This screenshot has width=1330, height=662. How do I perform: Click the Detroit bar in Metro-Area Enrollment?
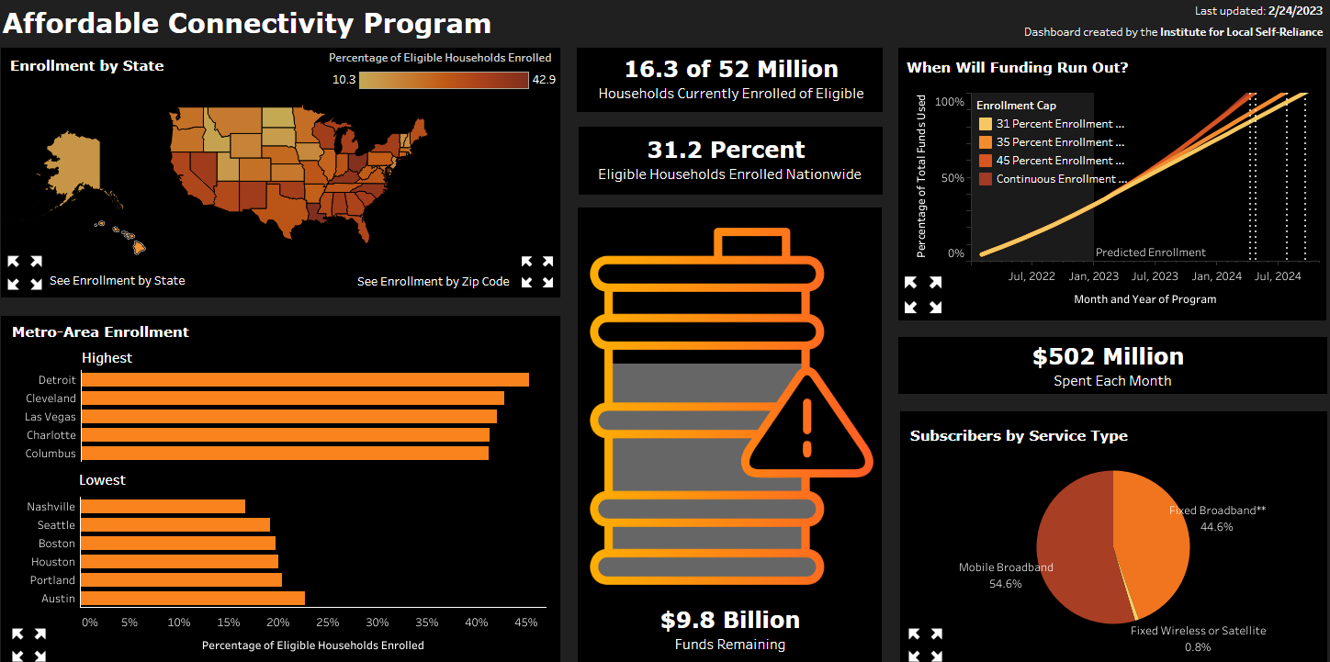point(305,380)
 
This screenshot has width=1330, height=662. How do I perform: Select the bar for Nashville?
point(163,507)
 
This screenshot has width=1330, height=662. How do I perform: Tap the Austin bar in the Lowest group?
point(193,599)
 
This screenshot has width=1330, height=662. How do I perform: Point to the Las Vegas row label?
point(51,417)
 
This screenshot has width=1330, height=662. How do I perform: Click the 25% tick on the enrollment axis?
point(328,623)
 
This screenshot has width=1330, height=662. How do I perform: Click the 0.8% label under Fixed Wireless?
point(1198,646)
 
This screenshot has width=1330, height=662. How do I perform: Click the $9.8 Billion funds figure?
point(729,620)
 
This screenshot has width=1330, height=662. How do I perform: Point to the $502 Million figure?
point(1108,356)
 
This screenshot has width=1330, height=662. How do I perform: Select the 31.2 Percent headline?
point(726,150)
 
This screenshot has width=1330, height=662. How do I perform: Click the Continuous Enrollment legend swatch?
point(986,179)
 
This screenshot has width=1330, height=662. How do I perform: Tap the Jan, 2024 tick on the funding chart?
point(1217,275)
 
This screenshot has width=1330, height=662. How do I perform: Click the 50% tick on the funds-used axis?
point(956,177)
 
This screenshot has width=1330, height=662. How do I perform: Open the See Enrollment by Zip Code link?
point(433,281)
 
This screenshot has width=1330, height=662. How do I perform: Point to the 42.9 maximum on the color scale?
point(544,80)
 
